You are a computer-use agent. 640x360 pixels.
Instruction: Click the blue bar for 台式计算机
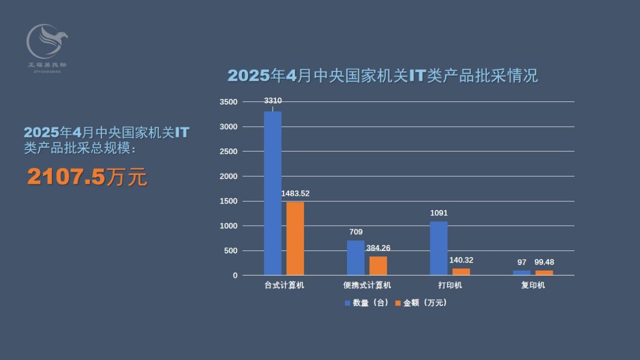tap(273, 193)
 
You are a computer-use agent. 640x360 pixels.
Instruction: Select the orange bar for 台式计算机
tap(295, 238)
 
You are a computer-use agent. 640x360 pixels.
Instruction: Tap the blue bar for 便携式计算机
tap(356, 258)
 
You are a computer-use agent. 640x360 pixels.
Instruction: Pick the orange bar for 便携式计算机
tap(378, 266)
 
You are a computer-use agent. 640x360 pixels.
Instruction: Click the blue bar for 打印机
tap(438, 248)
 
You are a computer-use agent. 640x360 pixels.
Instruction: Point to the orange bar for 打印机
tap(461, 272)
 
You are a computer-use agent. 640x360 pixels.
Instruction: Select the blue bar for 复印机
tap(522, 273)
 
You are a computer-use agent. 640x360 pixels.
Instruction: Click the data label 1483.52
tap(295, 193)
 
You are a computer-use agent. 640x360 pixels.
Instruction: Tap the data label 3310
tap(273, 101)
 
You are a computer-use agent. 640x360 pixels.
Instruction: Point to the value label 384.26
tap(378, 248)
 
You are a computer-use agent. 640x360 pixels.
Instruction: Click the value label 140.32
tap(461, 260)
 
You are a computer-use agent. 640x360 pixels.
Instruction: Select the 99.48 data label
tap(544, 263)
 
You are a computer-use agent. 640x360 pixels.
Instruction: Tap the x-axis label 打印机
tap(450, 285)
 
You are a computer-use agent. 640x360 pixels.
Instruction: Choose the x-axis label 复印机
tap(533, 285)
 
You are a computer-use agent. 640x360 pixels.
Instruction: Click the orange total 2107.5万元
tap(87, 177)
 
